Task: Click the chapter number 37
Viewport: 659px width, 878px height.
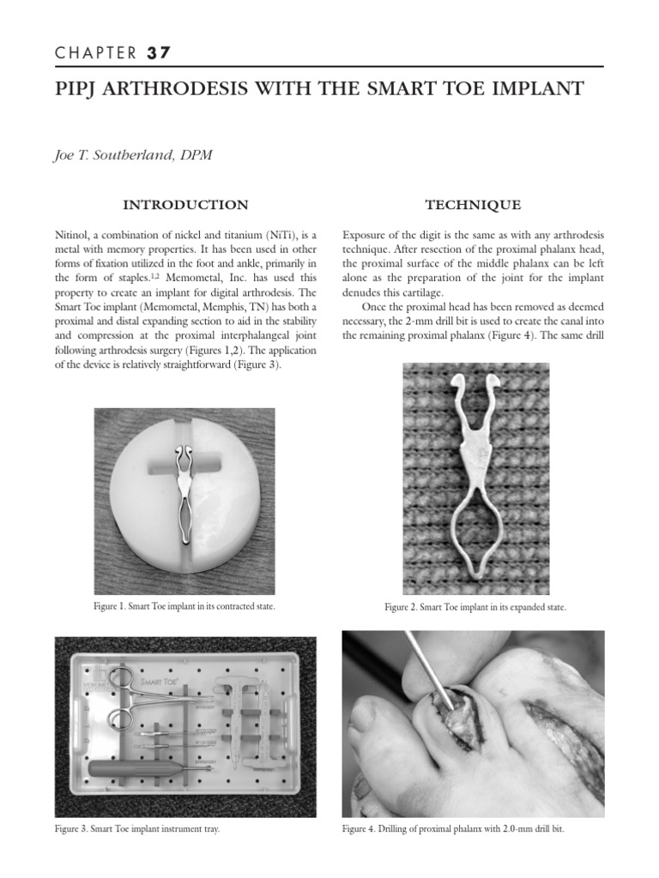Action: [158, 53]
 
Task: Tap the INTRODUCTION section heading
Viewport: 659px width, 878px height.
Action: [185, 205]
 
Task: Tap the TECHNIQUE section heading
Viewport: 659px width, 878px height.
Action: [473, 205]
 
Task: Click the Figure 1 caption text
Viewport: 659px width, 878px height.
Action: [184, 606]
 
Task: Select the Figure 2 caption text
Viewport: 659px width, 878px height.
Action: [475, 607]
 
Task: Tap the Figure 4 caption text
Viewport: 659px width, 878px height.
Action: [454, 829]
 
